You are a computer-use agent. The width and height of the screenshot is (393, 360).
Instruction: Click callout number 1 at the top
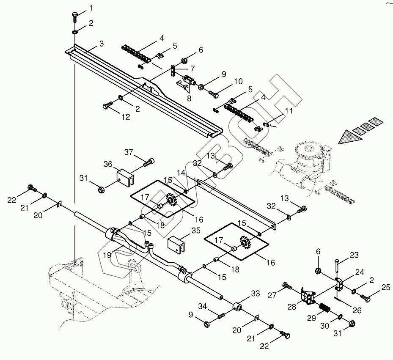point(90,8)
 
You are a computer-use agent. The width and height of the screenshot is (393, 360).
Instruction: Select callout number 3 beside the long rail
point(101,44)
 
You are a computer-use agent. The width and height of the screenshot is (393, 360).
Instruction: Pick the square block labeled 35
point(177,244)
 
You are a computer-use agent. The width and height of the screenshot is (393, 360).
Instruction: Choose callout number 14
point(181,173)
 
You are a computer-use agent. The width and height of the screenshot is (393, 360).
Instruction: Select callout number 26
point(357,311)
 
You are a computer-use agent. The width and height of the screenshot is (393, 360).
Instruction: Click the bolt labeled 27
point(287,286)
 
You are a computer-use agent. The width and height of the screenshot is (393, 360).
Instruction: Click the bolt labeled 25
point(366,299)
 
